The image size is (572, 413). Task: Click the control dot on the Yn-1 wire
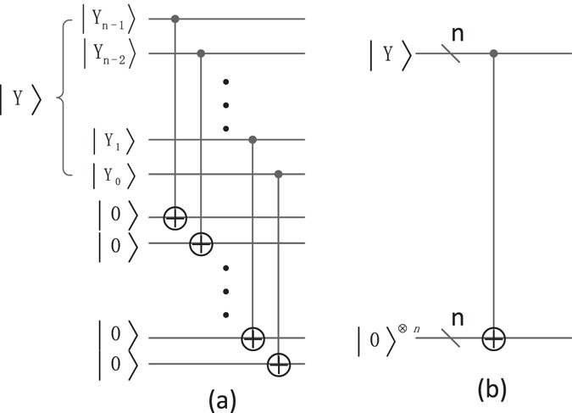pos(175,18)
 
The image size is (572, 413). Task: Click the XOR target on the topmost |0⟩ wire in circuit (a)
pos(175,218)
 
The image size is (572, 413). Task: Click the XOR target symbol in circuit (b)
pos(494,339)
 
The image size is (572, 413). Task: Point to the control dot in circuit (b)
pos(494,55)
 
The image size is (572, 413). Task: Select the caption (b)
pos(492,388)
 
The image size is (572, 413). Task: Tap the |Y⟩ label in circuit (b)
pos(391,56)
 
